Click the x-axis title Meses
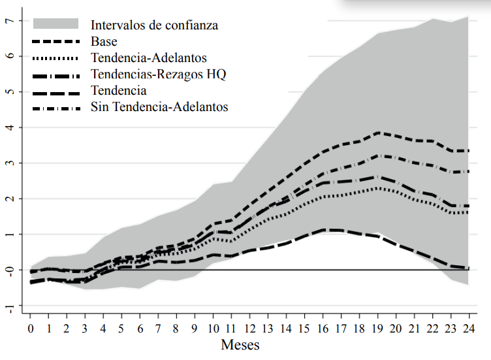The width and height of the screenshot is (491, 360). click(x=240, y=344)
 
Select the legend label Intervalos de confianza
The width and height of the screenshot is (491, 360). click(x=154, y=25)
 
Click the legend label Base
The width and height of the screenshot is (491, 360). click(x=104, y=42)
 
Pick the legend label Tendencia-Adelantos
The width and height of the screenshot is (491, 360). click(x=149, y=58)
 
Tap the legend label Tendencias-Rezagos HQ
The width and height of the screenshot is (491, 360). click(x=159, y=74)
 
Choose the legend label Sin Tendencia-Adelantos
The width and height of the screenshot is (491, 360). click(x=159, y=106)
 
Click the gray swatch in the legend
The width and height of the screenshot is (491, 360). click(x=55, y=25)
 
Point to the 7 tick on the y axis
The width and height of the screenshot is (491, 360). click(x=9, y=20)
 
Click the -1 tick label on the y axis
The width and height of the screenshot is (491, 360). click(x=8, y=305)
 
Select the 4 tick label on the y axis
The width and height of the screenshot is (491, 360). click(x=9, y=127)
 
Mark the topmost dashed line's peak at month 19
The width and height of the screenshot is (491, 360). click(x=376, y=133)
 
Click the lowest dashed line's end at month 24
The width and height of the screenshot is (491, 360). click(x=467, y=268)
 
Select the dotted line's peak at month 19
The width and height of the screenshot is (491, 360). click(x=376, y=188)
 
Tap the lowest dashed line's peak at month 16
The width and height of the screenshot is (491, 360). click(x=322, y=230)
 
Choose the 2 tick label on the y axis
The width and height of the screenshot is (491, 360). click(x=9, y=199)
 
